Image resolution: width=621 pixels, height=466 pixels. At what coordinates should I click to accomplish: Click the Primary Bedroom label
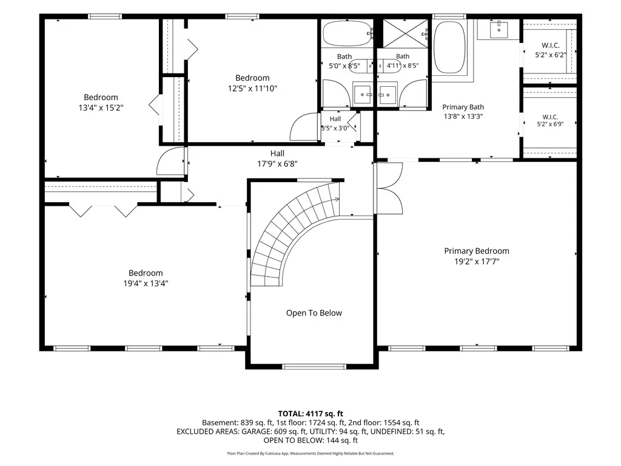(x=477, y=251)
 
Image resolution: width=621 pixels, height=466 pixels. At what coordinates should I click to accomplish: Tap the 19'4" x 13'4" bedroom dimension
(x=146, y=283)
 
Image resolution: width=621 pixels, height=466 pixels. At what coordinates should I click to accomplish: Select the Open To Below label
(x=314, y=313)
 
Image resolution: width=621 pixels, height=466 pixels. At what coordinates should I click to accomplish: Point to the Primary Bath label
(x=463, y=107)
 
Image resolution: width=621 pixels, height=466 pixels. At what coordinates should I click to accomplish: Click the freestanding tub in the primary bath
(x=449, y=47)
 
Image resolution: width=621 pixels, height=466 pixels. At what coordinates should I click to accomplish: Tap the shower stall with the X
(x=405, y=33)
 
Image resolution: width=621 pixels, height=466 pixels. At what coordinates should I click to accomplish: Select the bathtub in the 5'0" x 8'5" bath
(x=347, y=34)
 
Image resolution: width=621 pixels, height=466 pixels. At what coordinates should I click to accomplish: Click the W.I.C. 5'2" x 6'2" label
(x=551, y=50)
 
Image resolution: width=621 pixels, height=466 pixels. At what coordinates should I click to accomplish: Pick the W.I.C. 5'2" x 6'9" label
(x=550, y=121)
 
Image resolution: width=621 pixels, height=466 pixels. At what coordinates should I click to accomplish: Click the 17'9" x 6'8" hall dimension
(x=277, y=164)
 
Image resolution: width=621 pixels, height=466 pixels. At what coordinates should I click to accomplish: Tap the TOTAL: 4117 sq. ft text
(x=310, y=414)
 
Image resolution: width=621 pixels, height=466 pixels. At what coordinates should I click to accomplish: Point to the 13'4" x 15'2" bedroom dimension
(x=101, y=107)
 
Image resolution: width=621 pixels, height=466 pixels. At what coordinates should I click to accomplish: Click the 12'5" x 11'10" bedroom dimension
(x=252, y=89)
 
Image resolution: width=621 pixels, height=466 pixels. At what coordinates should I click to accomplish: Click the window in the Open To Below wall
(x=314, y=366)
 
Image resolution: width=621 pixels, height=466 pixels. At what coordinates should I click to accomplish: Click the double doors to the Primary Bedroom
(x=389, y=188)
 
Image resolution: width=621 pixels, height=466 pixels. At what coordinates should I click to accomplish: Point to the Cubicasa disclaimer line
(x=310, y=453)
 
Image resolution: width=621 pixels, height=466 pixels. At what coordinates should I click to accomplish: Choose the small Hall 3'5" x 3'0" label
(x=335, y=124)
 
